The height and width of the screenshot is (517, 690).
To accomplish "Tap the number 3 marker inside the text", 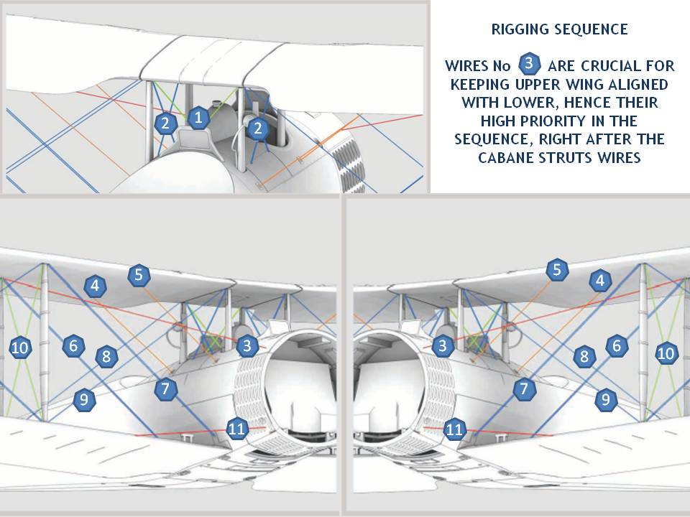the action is coord(530,64).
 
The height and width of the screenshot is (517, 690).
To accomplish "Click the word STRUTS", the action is coord(566,157).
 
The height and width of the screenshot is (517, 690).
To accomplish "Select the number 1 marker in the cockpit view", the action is coord(198,117).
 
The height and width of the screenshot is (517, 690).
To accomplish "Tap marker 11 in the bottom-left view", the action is coord(236,428).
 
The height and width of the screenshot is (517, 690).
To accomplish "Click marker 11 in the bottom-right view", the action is coord(454,429).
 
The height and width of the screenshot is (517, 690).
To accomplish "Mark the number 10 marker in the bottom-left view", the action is coord(19,348).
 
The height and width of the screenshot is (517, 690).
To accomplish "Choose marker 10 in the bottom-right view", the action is coord(666,353).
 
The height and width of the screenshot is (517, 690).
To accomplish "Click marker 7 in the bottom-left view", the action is coord(165,388).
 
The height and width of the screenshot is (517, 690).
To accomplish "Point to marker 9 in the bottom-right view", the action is coord(606,399).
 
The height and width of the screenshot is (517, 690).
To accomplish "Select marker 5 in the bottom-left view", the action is coord(139,275).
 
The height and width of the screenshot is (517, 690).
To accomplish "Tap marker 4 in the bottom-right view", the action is coord(601,280).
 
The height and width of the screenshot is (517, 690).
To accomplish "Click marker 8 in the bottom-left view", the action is coord(106,356).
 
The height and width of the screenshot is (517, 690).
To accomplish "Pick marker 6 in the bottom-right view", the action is coord(617,345).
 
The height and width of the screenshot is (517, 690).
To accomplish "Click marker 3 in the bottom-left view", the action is coord(247,345).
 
